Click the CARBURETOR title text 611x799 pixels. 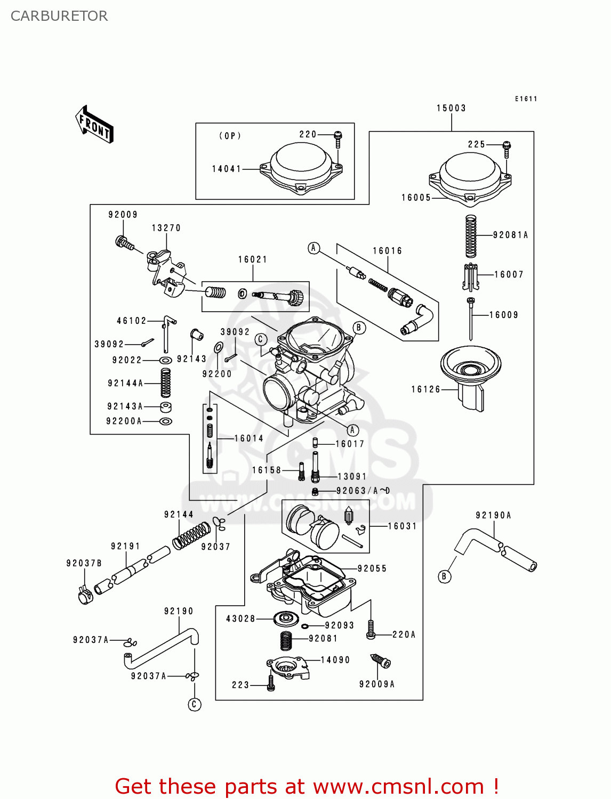click(x=59, y=16)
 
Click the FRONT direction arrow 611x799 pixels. click(x=94, y=125)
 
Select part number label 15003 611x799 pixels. click(x=451, y=108)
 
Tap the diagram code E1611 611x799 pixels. click(x=526, y=99)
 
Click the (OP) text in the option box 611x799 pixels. click(x=230, y=136)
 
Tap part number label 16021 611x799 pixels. click(x=252, y=259)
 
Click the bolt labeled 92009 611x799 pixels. click(x=125, y=243)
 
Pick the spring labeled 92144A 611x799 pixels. click(x=166, y=383)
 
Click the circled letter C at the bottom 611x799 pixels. click(x=194, y=704)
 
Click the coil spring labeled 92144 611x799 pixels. click(x=191, y=535)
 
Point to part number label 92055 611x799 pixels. click(x=372, y=568)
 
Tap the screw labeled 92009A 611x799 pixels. click(x=381, y=661)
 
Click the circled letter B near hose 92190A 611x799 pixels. click(x=444, y=576)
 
